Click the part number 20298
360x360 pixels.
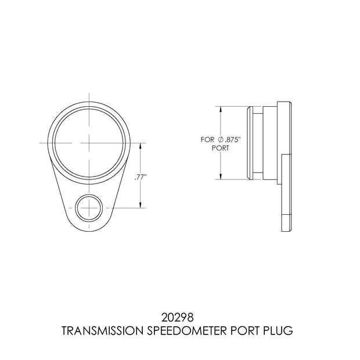(x=178, y=318)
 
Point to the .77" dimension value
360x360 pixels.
(x=141, y=178)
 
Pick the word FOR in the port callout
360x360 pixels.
(x=207, y=139)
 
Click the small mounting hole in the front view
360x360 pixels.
(x=89, y=208)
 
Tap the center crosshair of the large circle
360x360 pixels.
(x=89, y=143)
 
